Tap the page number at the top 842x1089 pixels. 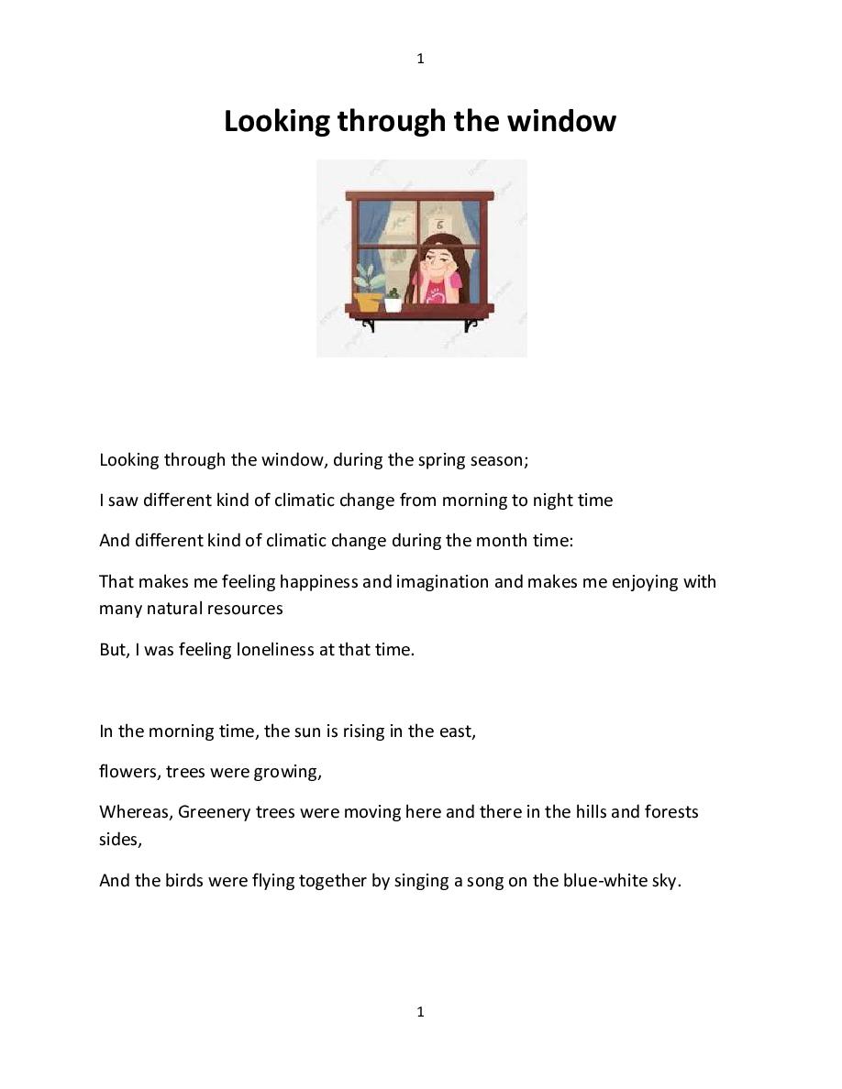coord(420,59)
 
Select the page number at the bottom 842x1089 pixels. coord(420,1011)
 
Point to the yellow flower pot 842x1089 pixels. coord(369,301)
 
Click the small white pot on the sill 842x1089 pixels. coord(393,303)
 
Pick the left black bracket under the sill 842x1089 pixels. coord(369,324)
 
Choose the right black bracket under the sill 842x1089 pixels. coord(470,324)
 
